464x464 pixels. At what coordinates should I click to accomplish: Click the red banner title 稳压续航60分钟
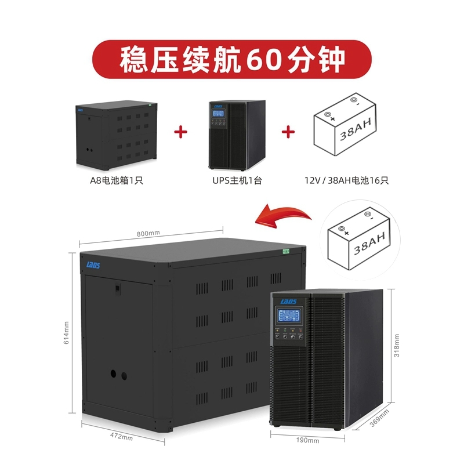pos(232,59)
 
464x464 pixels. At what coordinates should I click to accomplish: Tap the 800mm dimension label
pos(148,233)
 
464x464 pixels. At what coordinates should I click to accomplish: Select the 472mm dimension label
pos(122,438)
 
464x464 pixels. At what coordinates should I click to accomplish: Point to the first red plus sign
pos(182,132)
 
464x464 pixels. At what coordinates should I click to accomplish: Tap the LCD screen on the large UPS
pos(288,317)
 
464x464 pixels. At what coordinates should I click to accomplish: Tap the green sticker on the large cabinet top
pos(285,252)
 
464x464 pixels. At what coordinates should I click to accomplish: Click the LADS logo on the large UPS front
pos(288,301)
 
